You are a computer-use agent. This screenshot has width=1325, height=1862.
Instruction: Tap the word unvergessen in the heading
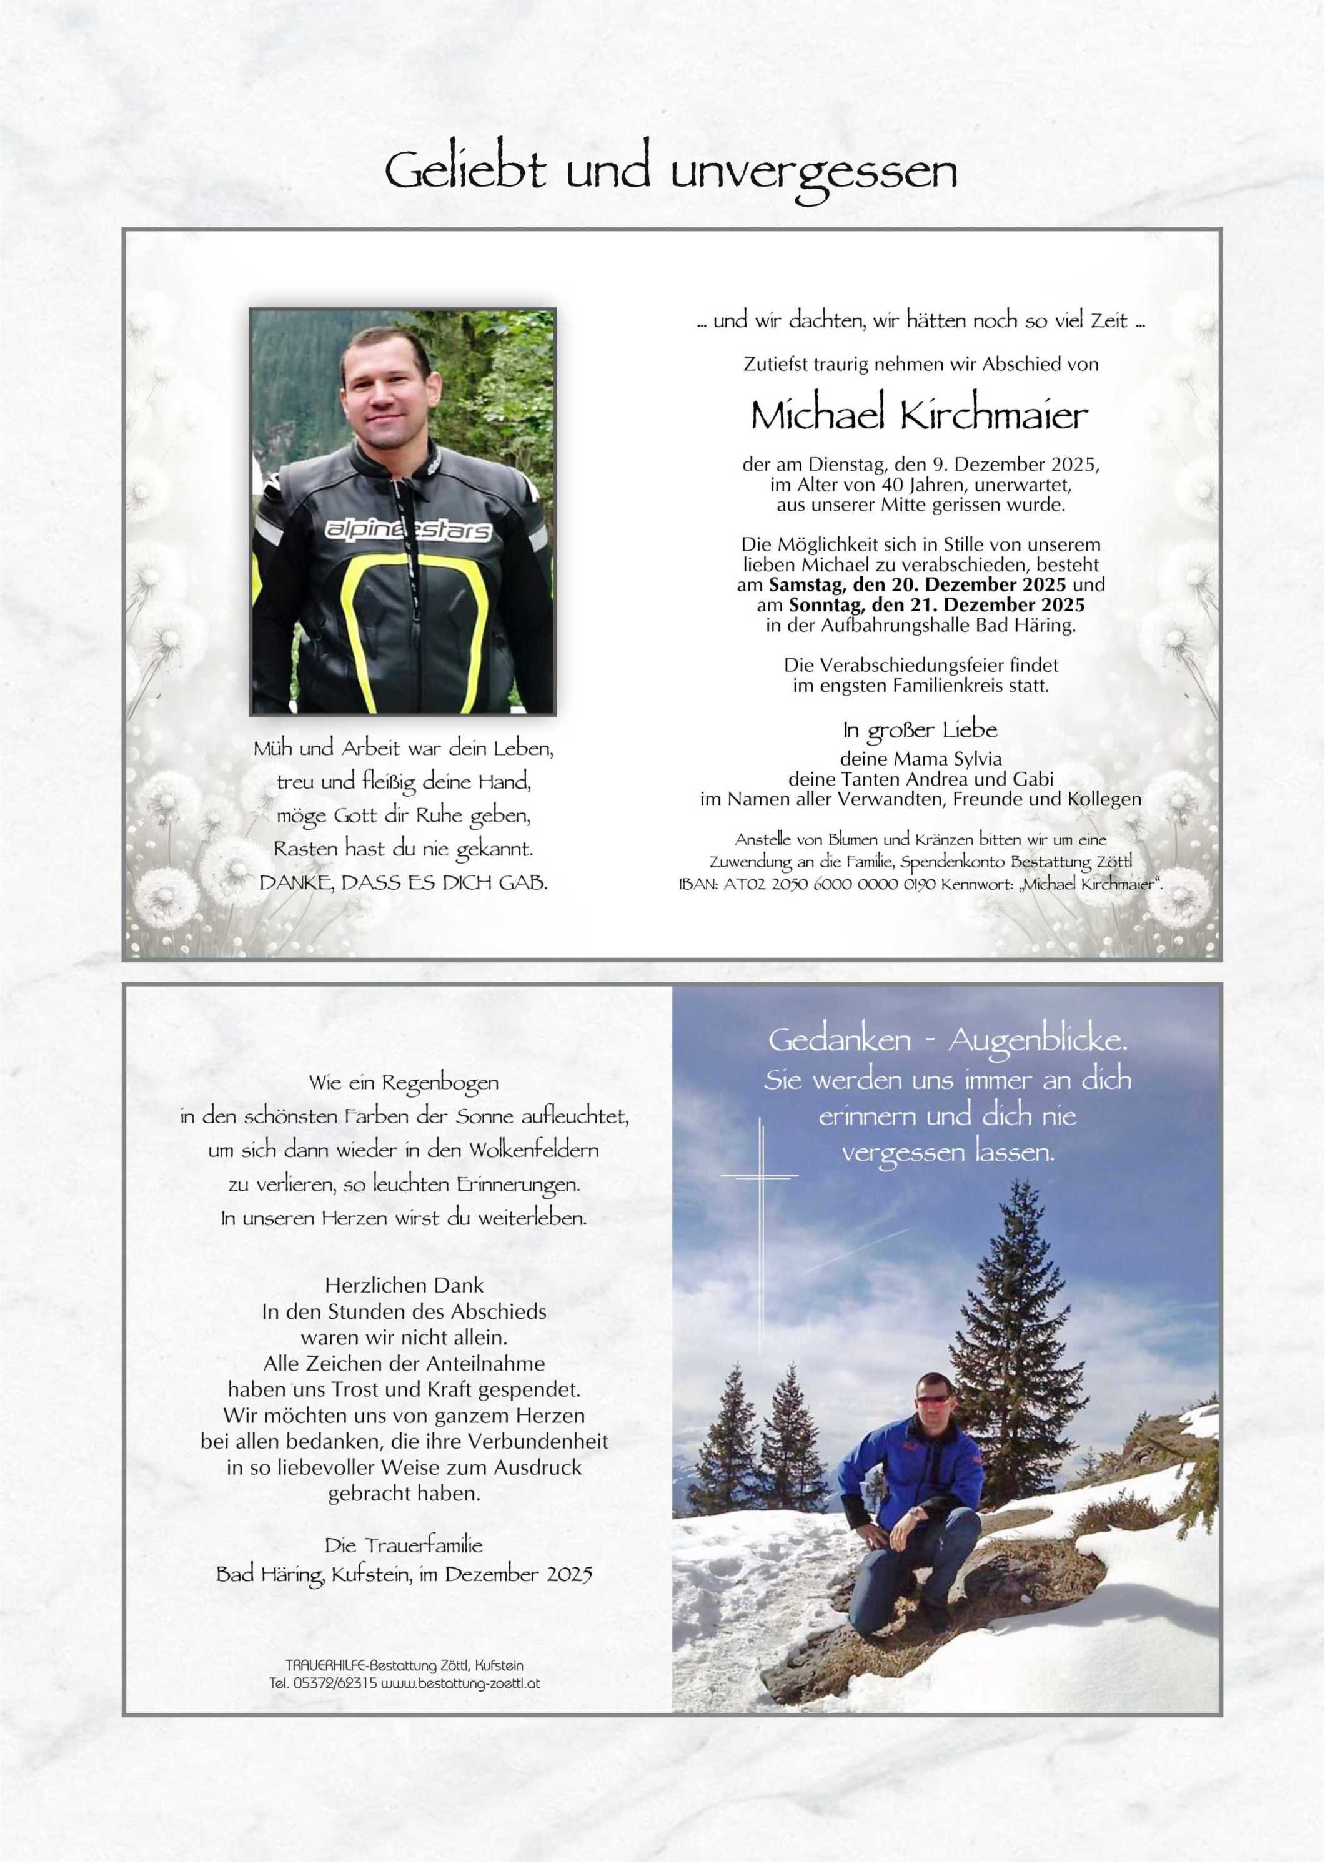click(813, 173)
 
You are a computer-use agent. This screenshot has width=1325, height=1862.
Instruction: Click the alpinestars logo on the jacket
click(408, 530)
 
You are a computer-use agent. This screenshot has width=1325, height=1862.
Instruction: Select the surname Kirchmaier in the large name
click(994, 416)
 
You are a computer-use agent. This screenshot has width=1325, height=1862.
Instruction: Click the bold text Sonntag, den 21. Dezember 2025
click(936, 605)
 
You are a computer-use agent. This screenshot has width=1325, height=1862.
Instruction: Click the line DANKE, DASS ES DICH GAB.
click(404, 882)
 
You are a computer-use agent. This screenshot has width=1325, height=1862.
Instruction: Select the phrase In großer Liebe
click(920, 730)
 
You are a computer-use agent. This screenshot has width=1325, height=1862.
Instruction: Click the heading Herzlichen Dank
click(404, 1286)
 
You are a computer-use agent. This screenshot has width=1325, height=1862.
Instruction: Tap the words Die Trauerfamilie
click(404, 1545)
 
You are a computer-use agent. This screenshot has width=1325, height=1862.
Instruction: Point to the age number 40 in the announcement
click(882, 485)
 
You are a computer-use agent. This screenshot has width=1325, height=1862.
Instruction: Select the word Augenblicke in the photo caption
click(1037, 1042)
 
